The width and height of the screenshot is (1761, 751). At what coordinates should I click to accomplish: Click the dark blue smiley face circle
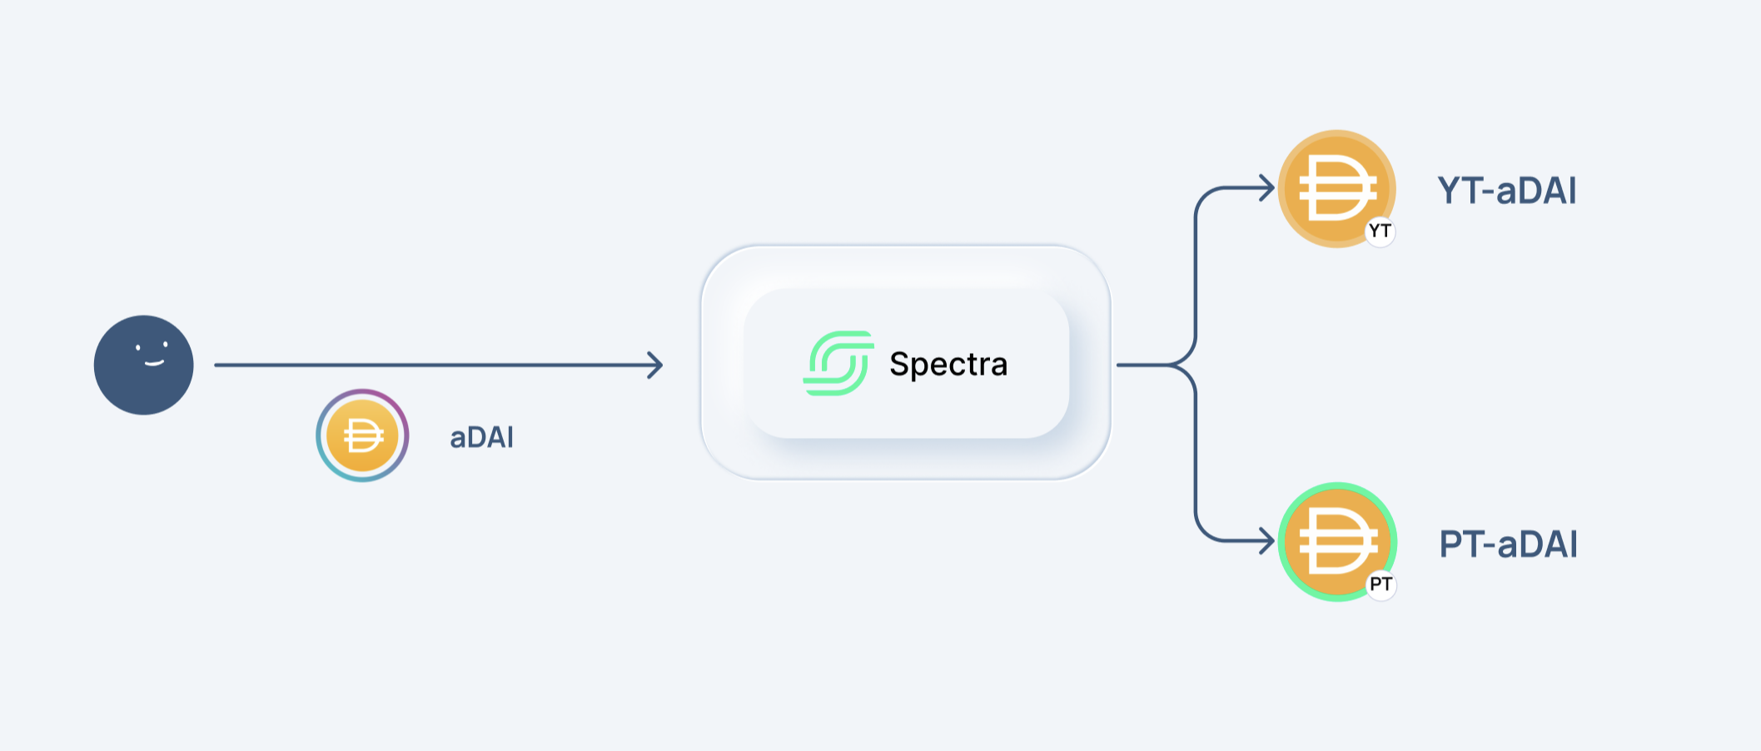click(x=143, y=366)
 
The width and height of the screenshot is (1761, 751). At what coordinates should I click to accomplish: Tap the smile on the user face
click(x=154, y=363)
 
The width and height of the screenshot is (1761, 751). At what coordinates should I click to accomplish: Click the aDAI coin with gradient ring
click(x=362, y=435)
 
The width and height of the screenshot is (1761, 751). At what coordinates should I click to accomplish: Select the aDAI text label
click(x=481, y=437)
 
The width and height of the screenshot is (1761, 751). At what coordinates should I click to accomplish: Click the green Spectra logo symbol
click(x=838, y=363)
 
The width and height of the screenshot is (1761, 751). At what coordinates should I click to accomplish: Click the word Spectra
click(x=948, y=364)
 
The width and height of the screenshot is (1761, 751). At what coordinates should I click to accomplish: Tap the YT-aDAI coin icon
click(x=1336, y=188)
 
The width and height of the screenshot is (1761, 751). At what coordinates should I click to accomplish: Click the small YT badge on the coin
click(x=1380, y=231)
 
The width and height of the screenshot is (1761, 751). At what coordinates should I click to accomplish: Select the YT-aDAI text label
click(x=1507, y=191)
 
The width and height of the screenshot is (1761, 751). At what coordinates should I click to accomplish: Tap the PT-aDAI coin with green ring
click(x=1337, y=541)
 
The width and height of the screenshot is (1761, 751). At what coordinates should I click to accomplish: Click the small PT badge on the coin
click(x=1380, y=584)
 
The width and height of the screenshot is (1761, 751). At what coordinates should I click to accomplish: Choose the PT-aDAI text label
click(x=1508, y=545)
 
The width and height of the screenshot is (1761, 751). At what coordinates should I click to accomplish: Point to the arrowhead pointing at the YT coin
click(x=1269, y=188)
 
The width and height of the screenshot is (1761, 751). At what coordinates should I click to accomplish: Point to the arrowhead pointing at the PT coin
click(x=1269, y=541)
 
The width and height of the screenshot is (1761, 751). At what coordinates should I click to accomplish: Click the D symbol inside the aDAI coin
click(x=363, y=435)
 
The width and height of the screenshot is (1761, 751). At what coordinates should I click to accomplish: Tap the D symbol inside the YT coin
click(x=1336, y=188)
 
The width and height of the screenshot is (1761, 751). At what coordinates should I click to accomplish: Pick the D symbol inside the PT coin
click(x=1336, y=541)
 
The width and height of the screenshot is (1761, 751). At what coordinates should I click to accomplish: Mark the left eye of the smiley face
click(x=138, y=347)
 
